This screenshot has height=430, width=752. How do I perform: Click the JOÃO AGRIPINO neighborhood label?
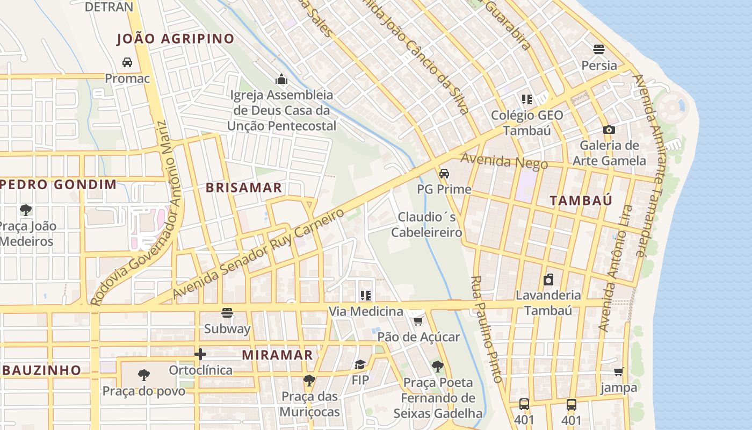[x=176, y=39]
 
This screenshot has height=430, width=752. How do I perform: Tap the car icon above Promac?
[x=127, y=62]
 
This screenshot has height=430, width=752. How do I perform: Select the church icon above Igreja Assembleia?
[x=281, y=80]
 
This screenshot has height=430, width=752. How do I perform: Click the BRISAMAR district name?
[x=244, y=188]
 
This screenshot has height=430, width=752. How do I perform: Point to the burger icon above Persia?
[x=599, y=49]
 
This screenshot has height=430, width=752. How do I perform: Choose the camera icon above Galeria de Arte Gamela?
[x=609, y=130]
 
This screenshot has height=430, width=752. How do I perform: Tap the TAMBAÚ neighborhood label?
[x=581, y=200]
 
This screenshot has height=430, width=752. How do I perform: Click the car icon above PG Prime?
[x=444, y=174]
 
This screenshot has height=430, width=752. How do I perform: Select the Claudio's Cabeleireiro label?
[x=426, y=225]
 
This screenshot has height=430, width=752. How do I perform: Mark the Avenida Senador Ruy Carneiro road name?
[x=258, y=254]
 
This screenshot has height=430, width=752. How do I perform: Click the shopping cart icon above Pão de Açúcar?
[x=418, y=321]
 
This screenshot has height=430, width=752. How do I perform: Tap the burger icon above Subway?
[x=227, y=312]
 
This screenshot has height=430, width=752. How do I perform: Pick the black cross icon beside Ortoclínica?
[x=200, y=354]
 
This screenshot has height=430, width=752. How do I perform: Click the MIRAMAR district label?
[x=277, y=355]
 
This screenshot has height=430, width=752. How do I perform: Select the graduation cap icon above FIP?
[x=360, y=364]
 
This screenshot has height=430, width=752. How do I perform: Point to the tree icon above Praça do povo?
[x=143, y=375]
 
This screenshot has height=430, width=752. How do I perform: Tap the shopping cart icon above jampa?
[x=619, y=371]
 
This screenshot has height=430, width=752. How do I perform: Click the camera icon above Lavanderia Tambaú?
[x=548, y=279]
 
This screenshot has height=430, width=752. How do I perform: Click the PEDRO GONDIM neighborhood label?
[x=58, y=185]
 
